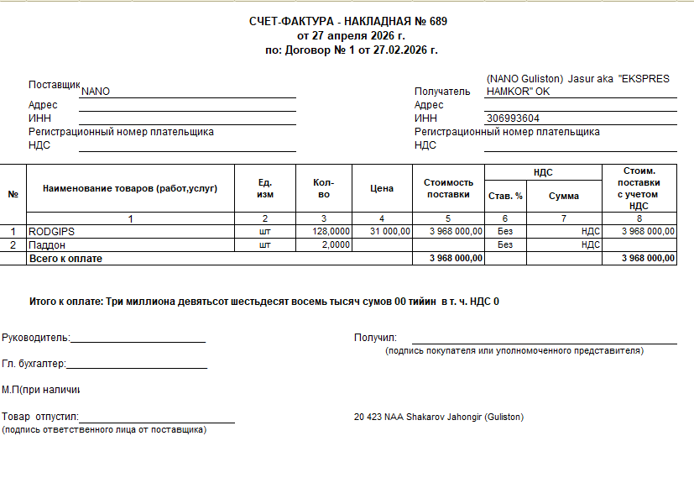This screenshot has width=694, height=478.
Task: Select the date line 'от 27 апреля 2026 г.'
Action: [x=351, y=36]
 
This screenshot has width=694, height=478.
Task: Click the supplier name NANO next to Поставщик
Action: [x=96, y=92]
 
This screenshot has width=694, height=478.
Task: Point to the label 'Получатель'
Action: [x=442, y=92]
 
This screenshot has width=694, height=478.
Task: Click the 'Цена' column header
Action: [x=382, y=189]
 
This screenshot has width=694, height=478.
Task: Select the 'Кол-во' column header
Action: [x=323, y=189]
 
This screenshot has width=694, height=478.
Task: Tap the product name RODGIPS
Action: [x=52, y=231]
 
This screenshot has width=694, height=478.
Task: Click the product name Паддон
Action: [x=49, y=244]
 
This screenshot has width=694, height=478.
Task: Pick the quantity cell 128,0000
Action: [x=330, y=231]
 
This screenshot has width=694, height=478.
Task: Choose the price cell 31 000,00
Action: [x=389, y=231]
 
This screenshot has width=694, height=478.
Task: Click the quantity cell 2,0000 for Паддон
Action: [x=335, y=244]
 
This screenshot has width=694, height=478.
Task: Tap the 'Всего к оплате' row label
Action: [x=65, y=258]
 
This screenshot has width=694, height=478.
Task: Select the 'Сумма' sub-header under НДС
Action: [x=564, y=196]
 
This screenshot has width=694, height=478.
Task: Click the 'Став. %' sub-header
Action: [x=505, y=196]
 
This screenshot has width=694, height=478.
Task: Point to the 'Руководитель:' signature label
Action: [x=36, y=338]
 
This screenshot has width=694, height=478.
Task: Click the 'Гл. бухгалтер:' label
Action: [x=34, y=364]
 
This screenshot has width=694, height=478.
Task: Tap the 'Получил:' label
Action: [x=375, y=338]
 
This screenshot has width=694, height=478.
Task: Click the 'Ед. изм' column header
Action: [x=265, y=189]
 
